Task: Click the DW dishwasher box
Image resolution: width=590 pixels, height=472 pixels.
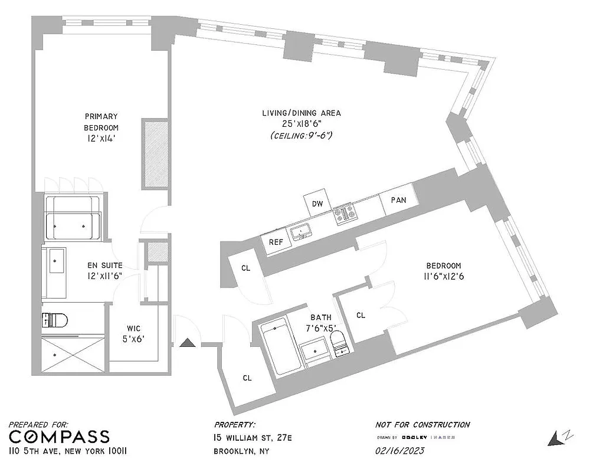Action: coord(317,204)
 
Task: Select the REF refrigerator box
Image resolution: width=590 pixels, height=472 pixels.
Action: coord(276,242)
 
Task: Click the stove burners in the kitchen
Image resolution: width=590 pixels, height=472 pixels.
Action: coord(343,214)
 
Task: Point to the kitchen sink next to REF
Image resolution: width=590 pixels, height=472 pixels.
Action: coord(301,231)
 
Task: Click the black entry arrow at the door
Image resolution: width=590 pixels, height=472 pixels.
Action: coord(188,342)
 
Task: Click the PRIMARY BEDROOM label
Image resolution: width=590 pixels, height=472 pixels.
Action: coord(101,122)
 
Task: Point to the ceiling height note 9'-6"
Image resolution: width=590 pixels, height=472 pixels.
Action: coord(301,136)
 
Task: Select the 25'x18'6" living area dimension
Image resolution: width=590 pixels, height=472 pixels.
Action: coord(301,124)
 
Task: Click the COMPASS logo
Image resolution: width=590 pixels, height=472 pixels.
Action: coord(59,437)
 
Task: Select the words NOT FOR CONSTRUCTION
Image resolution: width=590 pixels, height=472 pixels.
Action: coord(422,424)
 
